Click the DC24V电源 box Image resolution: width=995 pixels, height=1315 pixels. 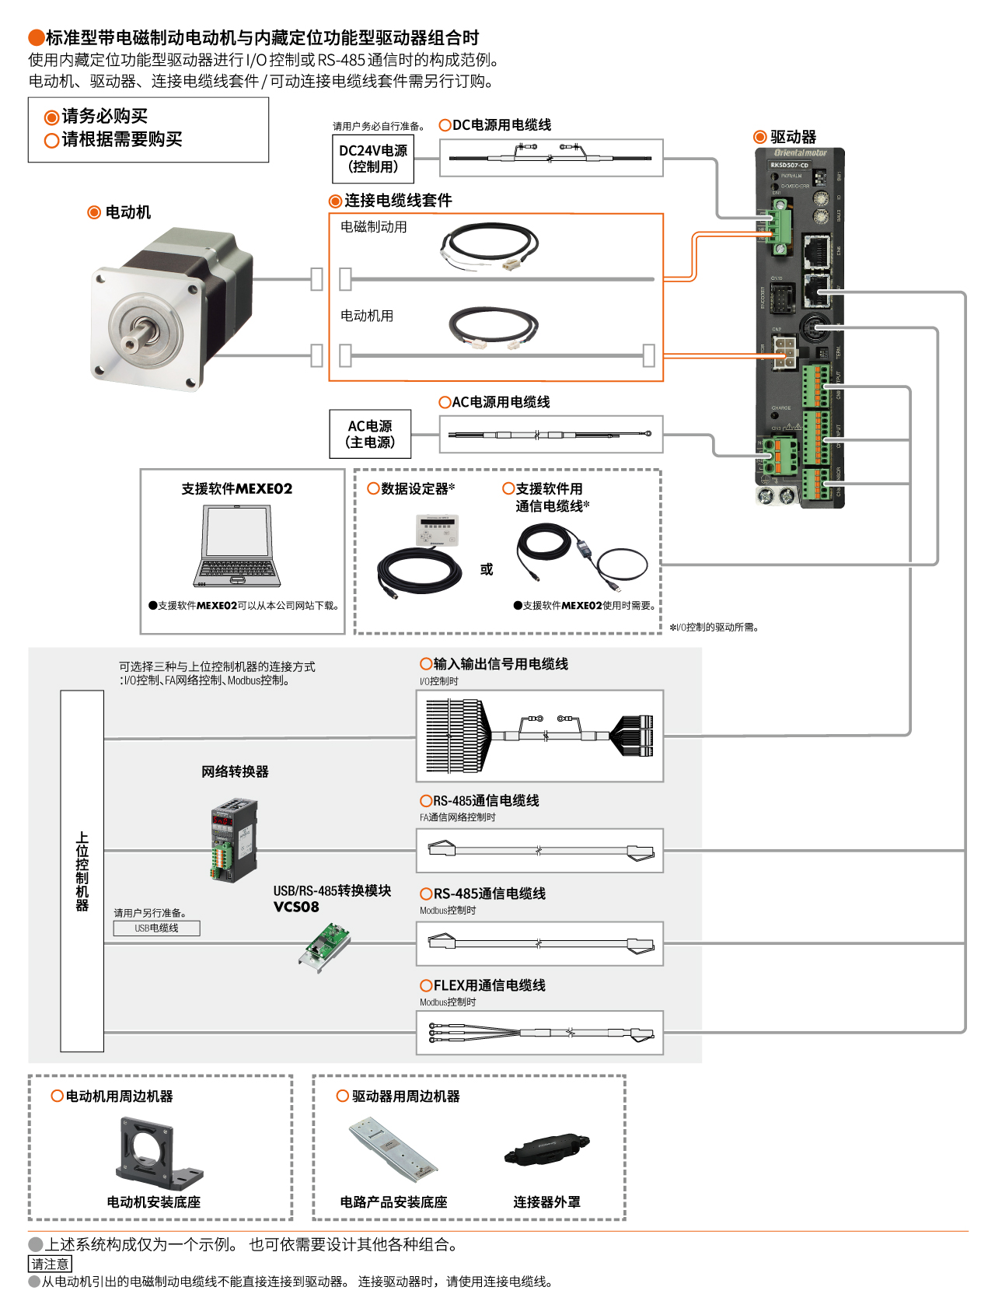coord(373,159)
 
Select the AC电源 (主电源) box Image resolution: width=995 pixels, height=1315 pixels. coord(370,434)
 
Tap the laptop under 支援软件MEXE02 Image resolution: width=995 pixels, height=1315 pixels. coord(238,547)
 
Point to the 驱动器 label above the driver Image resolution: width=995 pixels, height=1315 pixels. coord(793,137)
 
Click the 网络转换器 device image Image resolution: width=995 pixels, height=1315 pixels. coord(234,840)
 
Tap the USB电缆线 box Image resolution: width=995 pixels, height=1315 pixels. coord(156,928)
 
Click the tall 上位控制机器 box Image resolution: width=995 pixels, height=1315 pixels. coord(82,871)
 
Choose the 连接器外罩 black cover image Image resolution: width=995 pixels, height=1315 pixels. coord(546,1150)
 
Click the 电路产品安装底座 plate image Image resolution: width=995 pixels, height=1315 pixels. coord(392,1149)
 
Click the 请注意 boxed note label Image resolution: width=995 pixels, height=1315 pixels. coord(50,1264)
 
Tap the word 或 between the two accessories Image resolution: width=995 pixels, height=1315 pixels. coord(487,569)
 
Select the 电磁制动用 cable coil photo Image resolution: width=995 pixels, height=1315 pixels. coord(488,247)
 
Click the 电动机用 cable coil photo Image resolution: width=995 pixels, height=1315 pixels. coord(494,327)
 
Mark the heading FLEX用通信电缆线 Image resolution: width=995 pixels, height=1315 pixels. coord(489,985)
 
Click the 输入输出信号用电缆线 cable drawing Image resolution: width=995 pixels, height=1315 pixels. coord(539,736)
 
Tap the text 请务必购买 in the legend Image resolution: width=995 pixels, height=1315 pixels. coord(104,116)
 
